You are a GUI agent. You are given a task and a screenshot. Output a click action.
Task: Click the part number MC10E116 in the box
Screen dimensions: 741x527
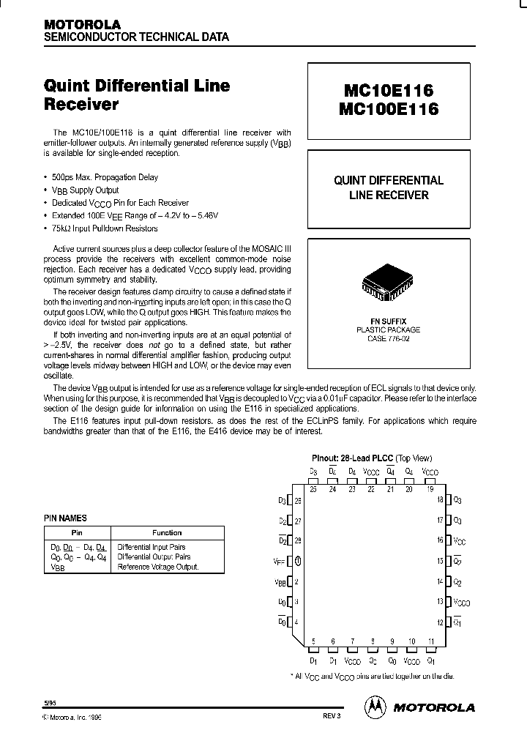[x=388, y=90]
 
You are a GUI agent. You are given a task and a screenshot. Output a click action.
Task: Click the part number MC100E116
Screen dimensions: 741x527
[x=388, y=109]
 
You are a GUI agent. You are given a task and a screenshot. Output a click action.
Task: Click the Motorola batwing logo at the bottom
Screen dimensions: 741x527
[x=375, y=707]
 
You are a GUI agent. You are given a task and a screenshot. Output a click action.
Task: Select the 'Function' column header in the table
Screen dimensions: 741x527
[x=167, y=532]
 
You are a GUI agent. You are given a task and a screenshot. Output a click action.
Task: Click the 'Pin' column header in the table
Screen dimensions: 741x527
[x=77, y=532]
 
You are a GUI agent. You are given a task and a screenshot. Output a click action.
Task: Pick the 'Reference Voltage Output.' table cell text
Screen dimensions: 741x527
[x=158, y=567]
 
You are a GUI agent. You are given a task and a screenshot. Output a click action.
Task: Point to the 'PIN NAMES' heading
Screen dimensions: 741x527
[x=66, y=518]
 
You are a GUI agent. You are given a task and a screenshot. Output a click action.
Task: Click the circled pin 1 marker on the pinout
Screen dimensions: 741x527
[x=298, y=561]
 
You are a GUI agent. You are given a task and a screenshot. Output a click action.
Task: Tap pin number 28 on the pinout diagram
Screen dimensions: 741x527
[x=298, y=540]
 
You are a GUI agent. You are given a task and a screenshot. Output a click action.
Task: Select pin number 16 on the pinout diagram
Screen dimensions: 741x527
[x=441, y=540]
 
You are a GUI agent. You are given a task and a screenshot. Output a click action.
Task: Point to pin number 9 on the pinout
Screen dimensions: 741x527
[x=392, y=641]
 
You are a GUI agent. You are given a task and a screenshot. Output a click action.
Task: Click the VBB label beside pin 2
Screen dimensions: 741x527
[x=280, y=582]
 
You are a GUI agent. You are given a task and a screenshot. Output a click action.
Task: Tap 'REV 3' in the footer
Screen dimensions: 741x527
[x=332, y=715]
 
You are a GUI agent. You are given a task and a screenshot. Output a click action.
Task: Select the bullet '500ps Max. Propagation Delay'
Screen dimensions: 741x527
[x=105, y=177]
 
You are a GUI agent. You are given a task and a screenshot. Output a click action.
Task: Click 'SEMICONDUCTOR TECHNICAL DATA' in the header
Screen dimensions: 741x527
[x=136, y=37]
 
